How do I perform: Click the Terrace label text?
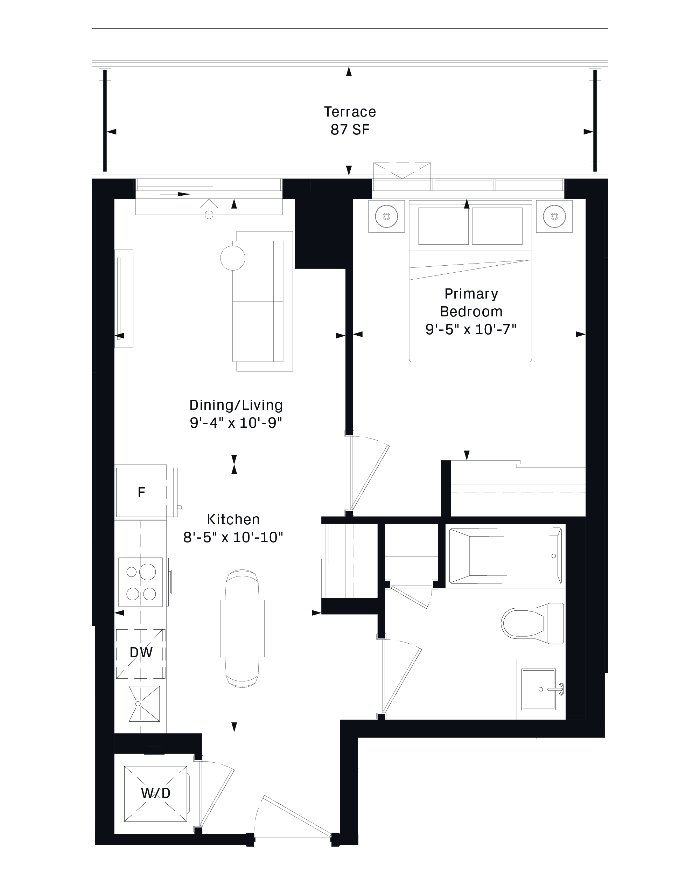click(x=350, y=112)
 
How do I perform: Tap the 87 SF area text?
click(x=350, y=129)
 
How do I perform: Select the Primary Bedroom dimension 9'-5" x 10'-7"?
click(x=471, y=329)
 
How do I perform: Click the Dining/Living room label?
click(x=236, y=405)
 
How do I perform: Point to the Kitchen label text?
click(x=233, y=519)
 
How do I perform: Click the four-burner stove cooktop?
click(x=141, y=582)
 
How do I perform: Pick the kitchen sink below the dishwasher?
click(x=144, y=704)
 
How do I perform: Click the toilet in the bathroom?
click(x=532, y=623)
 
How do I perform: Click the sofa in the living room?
click(x=258, y=301)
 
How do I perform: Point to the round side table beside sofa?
click(x=232, y=258)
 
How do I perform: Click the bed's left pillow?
click(x=443, y=226)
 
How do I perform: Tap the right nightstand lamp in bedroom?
click(x=554, y=216)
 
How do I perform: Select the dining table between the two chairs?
click(x=242, y=628)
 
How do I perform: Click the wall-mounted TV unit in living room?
click(x=124, y=299)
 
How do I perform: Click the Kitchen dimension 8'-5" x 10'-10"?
click(x=233, y=537)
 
